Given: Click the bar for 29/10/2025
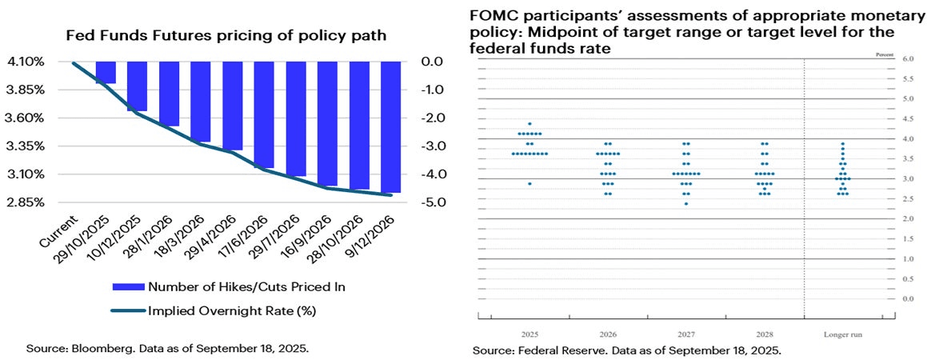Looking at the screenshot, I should coord(106,73).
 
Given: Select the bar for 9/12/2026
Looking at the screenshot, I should coord(391,127).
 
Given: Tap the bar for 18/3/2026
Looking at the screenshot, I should coord(201,102).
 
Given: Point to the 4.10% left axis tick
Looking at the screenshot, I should coord(27,62).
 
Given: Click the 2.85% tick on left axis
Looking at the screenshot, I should coord(27,202).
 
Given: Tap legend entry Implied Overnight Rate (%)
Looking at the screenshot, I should coord(235,310).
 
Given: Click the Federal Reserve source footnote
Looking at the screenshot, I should coord(626,350).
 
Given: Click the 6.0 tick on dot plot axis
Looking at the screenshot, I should coord(908,59).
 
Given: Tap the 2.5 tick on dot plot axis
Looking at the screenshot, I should coord(908,199).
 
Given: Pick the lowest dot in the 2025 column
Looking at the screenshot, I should coord(529,184).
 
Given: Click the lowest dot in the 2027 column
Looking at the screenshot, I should coord(685,204).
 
